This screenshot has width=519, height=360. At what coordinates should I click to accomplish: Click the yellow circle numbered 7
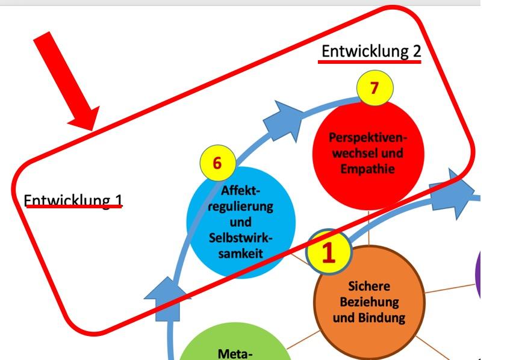[x=374, y=88]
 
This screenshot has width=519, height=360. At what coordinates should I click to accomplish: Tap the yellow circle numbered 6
[x=217, y=163]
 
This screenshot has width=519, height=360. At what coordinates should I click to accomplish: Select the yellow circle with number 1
[x=328, y=253]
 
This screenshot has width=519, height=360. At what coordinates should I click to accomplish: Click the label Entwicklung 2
[x=371, y=52]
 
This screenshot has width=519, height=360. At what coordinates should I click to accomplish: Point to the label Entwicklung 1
[x=72, y=199]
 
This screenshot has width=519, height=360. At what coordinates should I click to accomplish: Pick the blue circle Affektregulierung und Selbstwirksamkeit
[x=241, y=226]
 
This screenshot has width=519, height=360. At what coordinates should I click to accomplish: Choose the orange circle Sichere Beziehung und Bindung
[x=369, y=301]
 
